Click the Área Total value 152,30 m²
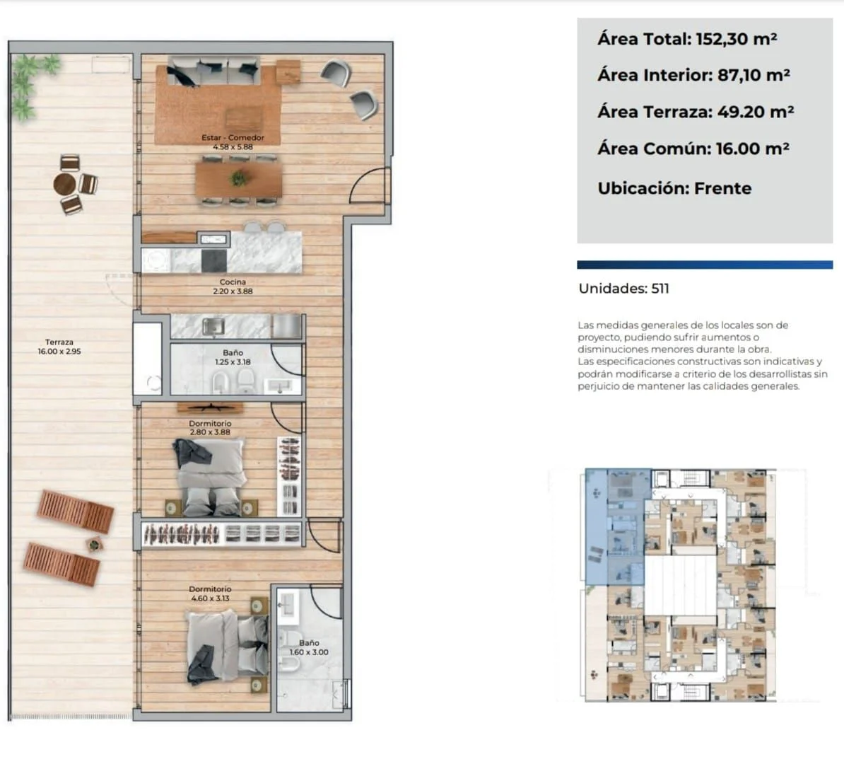coord(736,40)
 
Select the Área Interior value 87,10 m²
coord(754,76)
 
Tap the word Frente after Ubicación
coord(723,189)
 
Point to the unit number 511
coord(660,289)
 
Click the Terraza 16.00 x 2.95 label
coord(59,347)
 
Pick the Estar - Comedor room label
coord(233,141)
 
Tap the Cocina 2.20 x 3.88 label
coord(233,286)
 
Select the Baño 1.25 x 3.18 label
coord(233,357)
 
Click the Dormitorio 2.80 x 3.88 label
coord(210,428)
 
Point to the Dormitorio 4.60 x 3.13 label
coord(210,594)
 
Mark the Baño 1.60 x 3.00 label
coord(309,647)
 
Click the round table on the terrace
coord(65,184)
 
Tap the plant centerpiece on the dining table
coord(238,178)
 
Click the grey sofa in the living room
coord(214,71)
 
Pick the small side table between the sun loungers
coord(94,545)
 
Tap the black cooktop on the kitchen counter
coord(213,261)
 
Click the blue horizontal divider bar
coord(705,265)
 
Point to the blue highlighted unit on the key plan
coord(615,526)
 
